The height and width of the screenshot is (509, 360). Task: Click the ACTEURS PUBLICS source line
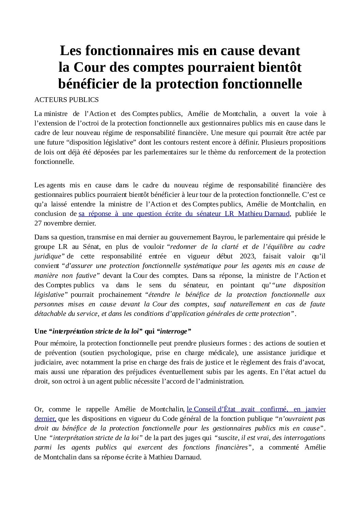[x=66, y=100]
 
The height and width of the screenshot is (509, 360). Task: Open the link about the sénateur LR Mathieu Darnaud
[x=184, y=214]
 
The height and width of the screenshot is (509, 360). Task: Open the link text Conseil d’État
[x=215, y=409]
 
